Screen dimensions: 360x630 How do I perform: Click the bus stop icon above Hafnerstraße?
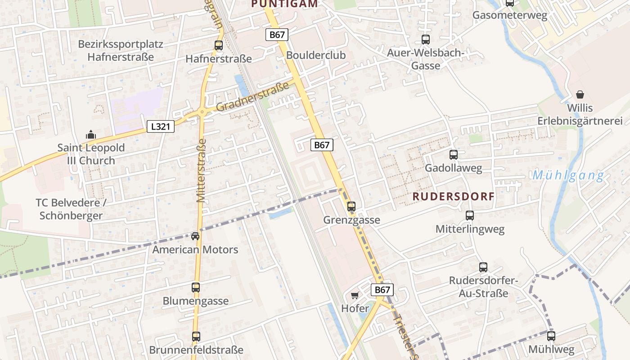219,45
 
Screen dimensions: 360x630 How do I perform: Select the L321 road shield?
161,126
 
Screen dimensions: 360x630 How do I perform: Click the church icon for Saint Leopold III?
90,135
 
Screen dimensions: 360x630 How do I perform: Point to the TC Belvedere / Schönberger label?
71,209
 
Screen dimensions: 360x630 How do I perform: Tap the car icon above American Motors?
195,236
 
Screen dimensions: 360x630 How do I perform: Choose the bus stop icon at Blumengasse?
196,287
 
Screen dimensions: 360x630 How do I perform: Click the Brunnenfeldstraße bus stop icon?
196,336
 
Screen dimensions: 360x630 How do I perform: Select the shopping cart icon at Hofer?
355,296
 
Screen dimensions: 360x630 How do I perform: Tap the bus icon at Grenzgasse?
351,207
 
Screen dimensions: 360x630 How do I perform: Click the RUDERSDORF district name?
454,197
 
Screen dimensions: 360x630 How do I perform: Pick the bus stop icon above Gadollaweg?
454,155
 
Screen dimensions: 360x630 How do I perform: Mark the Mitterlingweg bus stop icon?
470,216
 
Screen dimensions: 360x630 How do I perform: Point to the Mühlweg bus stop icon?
551,336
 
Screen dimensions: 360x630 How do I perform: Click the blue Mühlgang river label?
568,175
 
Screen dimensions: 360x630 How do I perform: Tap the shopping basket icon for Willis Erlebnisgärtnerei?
580,94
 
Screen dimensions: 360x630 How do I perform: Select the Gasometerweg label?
510,15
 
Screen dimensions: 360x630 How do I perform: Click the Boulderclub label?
316,55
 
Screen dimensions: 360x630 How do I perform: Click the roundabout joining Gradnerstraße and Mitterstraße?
202,112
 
